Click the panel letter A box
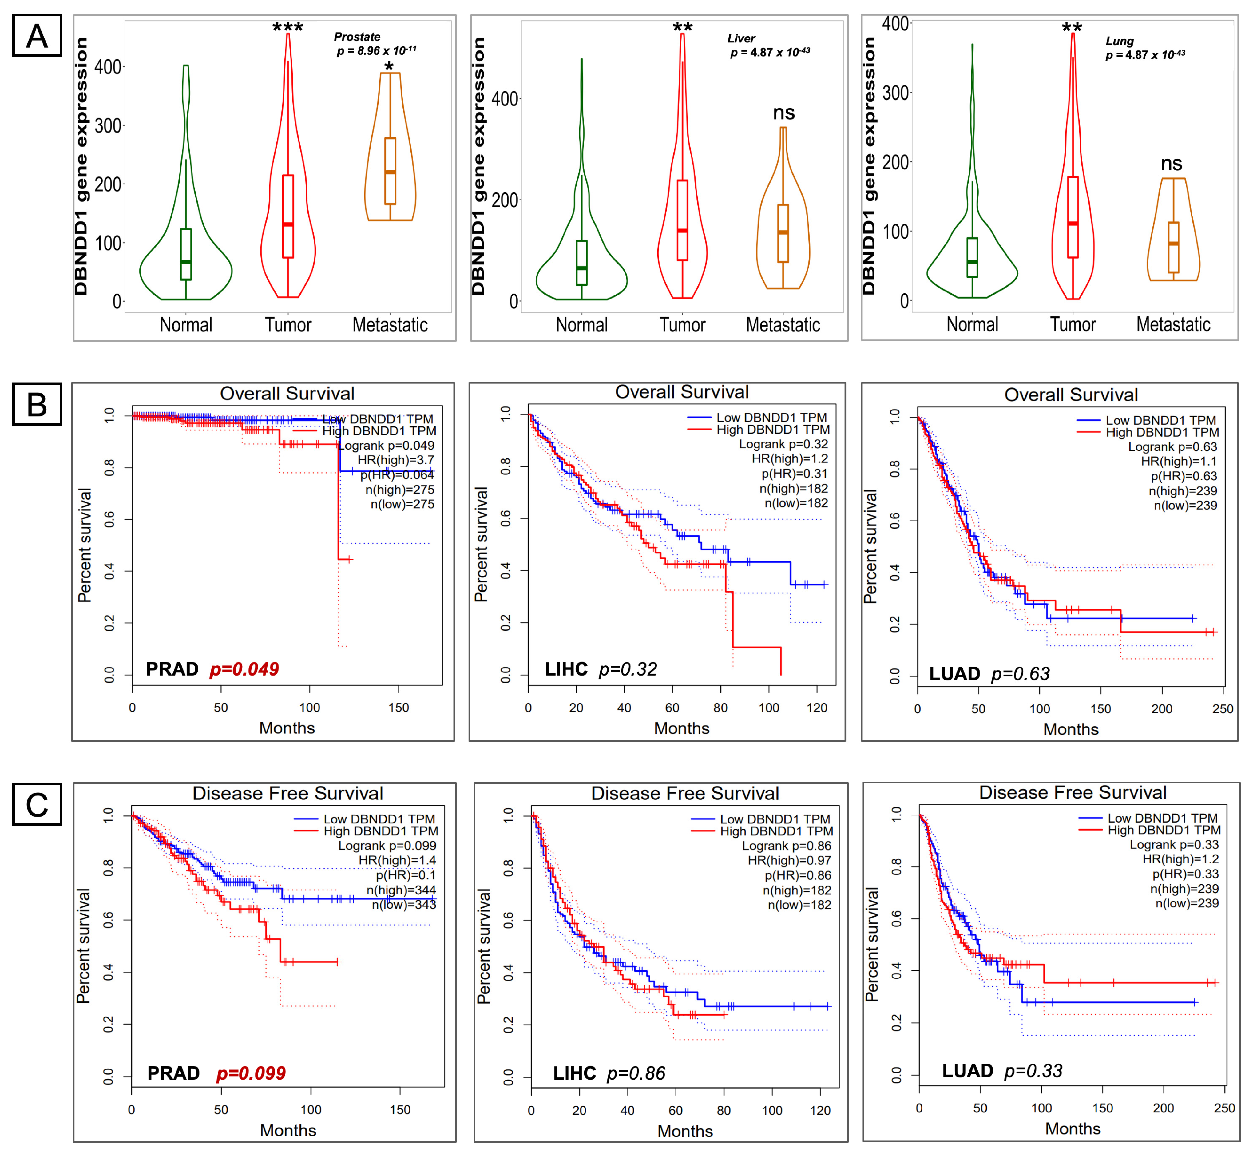37,36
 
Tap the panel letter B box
37,404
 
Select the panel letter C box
37,804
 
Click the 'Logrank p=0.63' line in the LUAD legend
1172,446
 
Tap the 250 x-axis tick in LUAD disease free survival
1224,1108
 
